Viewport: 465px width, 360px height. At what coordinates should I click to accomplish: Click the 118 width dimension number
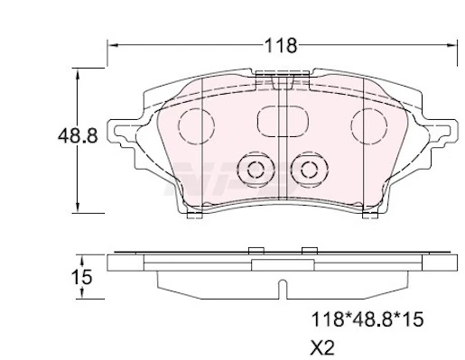tap(281, 46)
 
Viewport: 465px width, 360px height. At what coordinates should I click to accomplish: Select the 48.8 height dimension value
tap(78, 135)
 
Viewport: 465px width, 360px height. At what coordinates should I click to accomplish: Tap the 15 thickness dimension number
tap(81, 277)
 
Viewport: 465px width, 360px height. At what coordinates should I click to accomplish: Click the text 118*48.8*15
tap(367, 319)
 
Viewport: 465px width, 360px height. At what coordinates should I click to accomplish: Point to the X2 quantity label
tap(322, 348)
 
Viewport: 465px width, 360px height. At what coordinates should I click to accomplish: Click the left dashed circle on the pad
tap(196, 125)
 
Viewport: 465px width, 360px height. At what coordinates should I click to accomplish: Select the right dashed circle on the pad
tap(369, 125)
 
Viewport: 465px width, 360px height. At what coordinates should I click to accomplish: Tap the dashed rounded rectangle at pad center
tap(283, 121)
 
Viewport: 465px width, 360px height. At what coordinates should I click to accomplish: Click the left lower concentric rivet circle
tap(256, 170)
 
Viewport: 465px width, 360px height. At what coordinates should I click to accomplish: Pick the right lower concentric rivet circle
tap(310, 170)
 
